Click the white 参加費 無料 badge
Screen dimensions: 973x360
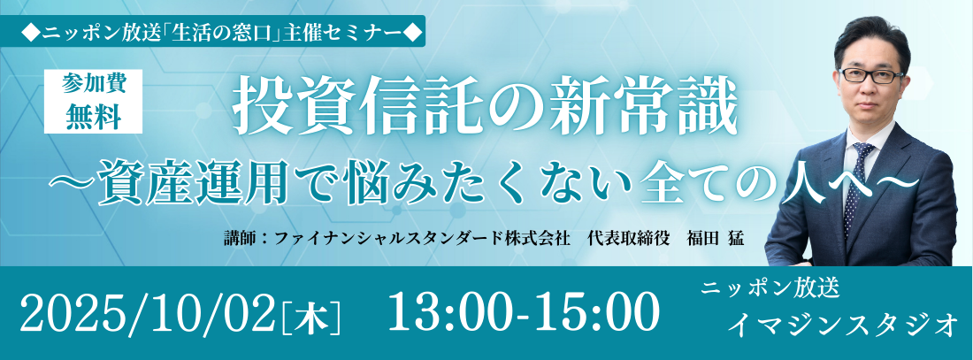tap(93, 101)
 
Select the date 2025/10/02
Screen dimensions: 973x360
tap(148, 311)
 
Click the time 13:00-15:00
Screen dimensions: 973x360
tap(523, 311)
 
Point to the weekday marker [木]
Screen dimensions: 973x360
tap(311, 316)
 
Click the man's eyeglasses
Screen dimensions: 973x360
tap(871, 76)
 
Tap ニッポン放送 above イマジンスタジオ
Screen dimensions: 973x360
tap(770, 287)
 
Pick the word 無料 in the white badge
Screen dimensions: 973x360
tap(93, 118)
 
